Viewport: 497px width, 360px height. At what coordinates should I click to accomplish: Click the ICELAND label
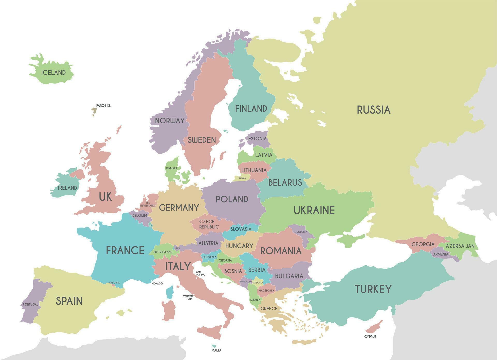[x=53, y=72]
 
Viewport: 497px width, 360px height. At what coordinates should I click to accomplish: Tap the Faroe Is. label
[x=103, y=106]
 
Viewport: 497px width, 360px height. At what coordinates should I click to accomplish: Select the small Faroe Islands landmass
[x=94, y=111]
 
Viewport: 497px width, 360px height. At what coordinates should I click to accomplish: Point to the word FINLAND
[x=251, y=109]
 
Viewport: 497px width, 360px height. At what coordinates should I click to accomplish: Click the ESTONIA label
[x=257, y=139]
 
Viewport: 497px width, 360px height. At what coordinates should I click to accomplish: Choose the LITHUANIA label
[x=254, y=170]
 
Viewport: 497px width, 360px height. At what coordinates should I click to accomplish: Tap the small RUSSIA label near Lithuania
[x=242, y=178]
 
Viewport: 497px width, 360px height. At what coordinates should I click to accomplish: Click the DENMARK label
[x=171, y=168]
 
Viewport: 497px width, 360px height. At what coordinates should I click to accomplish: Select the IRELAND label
[x=67, y=188]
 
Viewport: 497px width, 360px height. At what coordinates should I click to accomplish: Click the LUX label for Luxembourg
[x=151, y=226]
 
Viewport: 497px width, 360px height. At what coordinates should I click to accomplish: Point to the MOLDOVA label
[x=301, y=232]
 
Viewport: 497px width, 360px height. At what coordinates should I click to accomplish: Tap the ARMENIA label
[x=441, y=254]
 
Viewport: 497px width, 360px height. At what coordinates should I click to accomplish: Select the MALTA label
[x=216, y=350]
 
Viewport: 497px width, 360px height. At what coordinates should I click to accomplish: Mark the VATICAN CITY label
[x=188, y=297]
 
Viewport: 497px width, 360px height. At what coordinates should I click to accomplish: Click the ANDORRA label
[x=114, y=283]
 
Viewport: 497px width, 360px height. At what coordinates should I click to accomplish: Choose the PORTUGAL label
[x=30, y=304]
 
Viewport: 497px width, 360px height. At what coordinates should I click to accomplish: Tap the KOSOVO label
[x=258, y=283]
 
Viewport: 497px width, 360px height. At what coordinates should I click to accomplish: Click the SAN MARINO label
[x=201, y=273]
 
